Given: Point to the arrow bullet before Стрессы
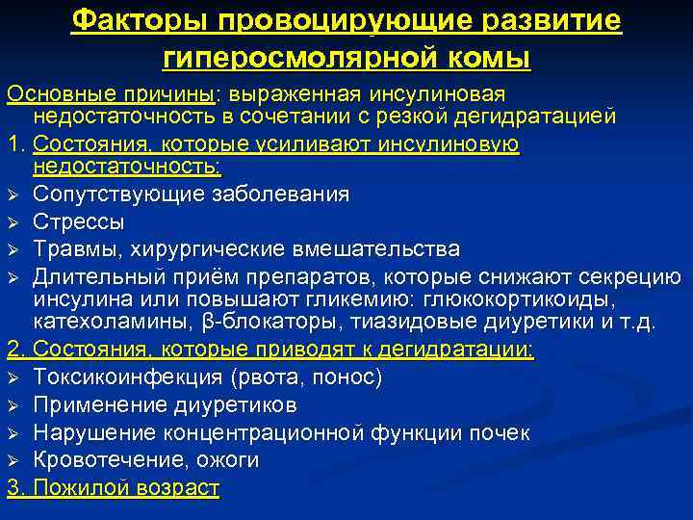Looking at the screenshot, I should point(14,222).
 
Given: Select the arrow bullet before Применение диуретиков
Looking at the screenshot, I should point(14,404).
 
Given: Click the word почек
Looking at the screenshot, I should point(501,432).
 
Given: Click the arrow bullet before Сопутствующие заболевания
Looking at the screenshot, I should point(14,195).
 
